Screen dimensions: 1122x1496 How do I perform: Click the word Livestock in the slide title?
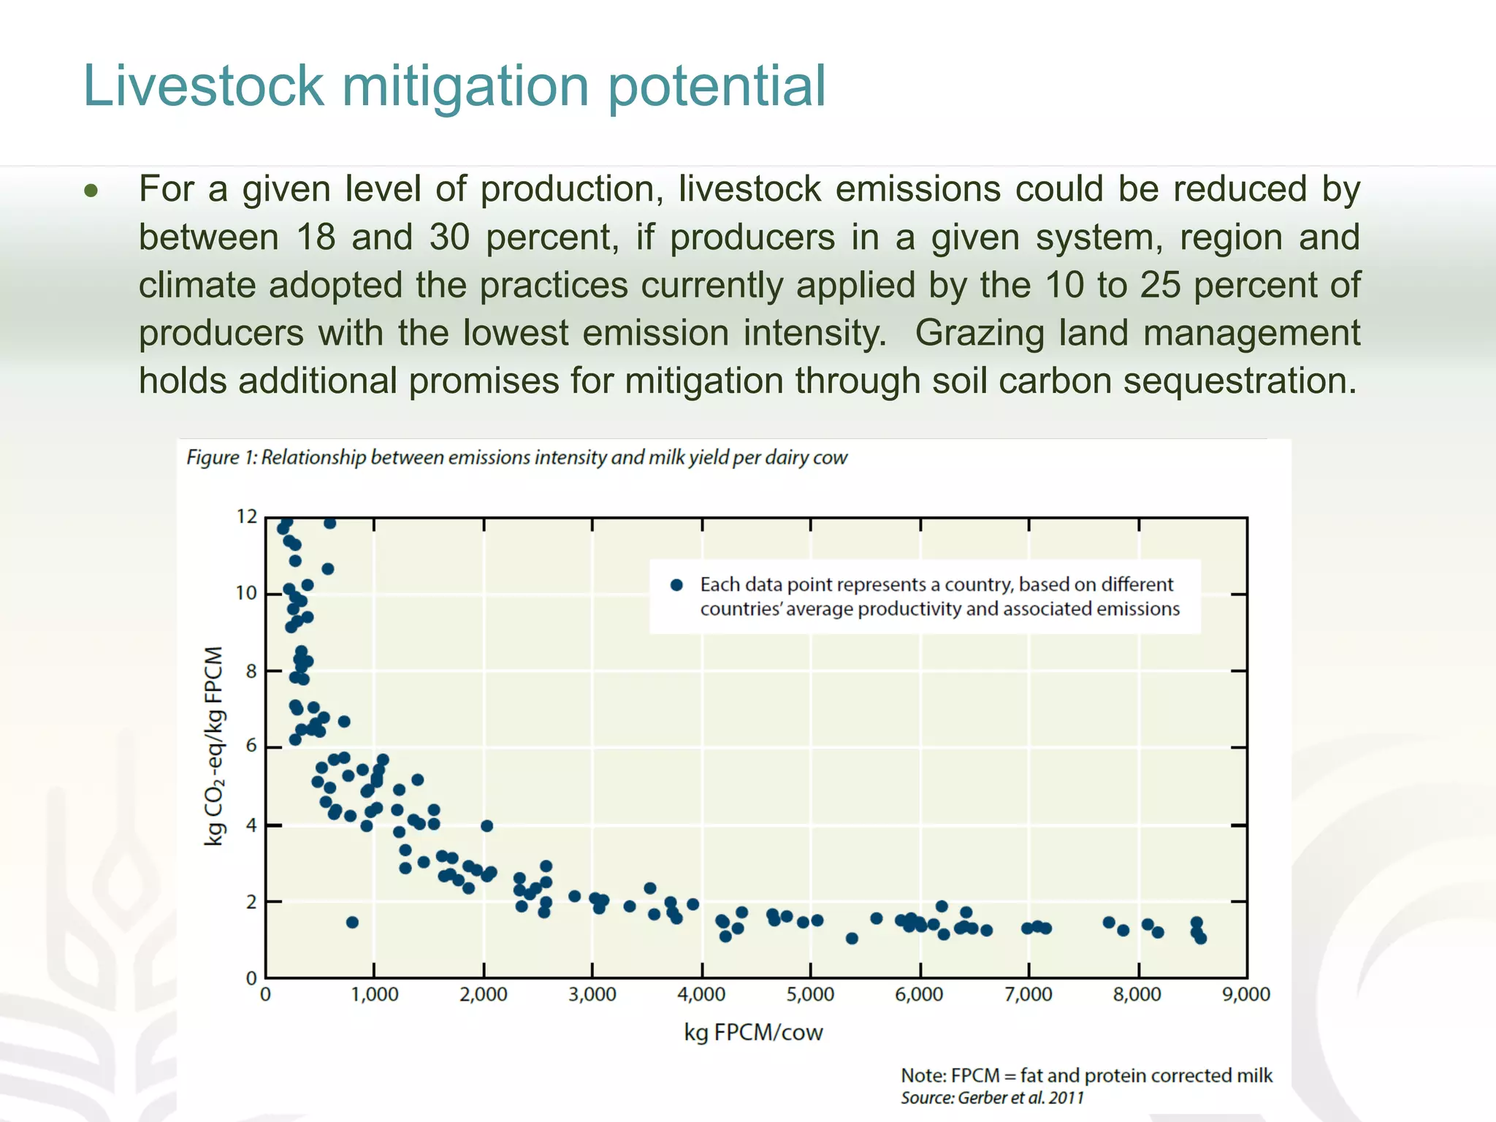tap(203, 86)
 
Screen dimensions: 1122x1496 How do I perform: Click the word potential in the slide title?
tap(717, 86)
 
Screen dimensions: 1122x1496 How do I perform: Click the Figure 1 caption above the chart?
tap(516, 458)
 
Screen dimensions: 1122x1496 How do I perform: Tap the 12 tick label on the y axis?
tap(247, 517)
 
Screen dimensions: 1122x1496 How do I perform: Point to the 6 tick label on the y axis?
tap(251, 746)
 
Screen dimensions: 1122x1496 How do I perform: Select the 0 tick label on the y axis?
tap(251, 977)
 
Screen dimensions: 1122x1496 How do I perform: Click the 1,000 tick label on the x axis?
tap(375, 995)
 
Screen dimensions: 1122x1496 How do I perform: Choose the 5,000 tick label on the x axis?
tap(810, 995)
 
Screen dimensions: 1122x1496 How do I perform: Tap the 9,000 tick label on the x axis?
tap(1246, 995)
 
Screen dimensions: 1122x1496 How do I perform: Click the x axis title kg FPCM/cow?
tap(753, 1032)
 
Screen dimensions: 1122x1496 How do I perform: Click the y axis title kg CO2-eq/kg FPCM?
tap(213, 747)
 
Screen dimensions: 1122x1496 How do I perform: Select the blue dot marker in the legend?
tap(676, 584)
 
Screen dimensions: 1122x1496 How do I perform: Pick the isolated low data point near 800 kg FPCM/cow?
tap(352, 923)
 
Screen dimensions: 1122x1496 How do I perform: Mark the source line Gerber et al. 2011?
tap(992, 1098)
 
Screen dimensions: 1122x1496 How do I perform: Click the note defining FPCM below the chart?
tap(1086, 1075)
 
